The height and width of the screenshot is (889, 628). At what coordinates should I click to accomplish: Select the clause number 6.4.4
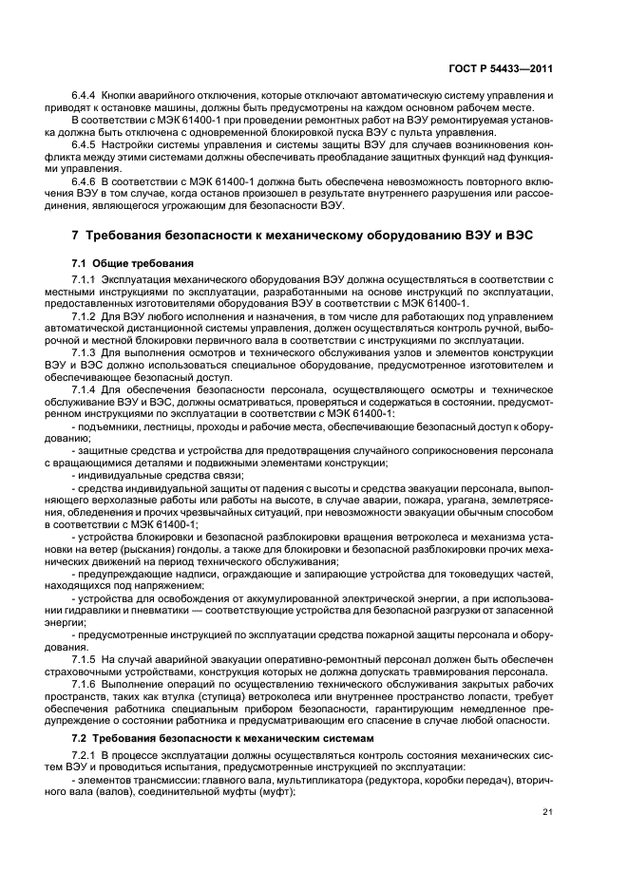click(x=86, y=97)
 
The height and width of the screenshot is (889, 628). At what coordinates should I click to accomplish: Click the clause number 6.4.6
click(x=86, y=180)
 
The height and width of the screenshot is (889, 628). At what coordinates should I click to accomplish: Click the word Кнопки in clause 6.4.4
click(x=125, y=97)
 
